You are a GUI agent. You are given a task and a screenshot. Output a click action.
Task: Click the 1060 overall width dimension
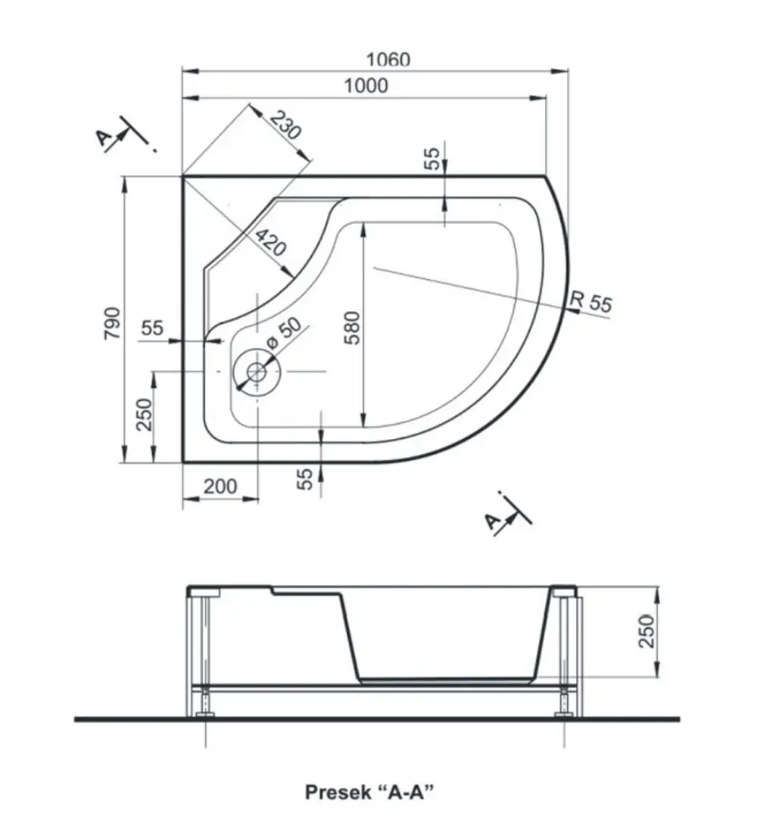[x=388, y=59]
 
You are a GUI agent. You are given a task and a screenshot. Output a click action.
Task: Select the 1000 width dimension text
[x=366, y=86]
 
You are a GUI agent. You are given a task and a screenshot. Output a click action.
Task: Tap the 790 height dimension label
[x=112, y=323]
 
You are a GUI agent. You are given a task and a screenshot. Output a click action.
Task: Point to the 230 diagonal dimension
[x=285, y=125]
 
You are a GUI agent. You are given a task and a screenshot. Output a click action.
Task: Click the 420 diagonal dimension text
[x=271, y=241]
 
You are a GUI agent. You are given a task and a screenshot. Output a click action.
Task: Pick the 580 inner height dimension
[x=353, y=328]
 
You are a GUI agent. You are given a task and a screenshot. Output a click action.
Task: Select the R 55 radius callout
[x=591, y=302]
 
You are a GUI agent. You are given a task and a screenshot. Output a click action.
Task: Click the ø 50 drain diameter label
[x=284, y=332]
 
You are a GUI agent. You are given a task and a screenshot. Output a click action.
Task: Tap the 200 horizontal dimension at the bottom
[x=220, y=486]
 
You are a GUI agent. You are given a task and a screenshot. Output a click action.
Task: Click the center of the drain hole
[x=257, y=372]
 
